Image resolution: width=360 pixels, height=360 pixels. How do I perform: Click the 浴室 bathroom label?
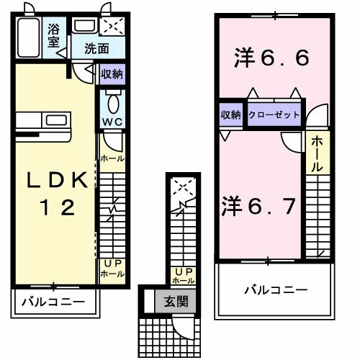coord(54,36)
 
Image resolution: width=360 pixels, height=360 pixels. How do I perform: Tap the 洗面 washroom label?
coord(96,49)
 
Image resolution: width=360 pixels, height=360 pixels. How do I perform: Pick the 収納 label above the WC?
coord(112,73)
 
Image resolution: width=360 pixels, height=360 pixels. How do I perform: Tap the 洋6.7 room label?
coord(258,206)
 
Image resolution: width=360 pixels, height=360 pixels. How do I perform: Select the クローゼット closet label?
coord(274,114)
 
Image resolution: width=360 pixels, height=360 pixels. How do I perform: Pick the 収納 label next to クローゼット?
coord(231,114)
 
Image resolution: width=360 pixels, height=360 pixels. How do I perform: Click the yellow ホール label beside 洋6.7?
coord(317,154)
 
